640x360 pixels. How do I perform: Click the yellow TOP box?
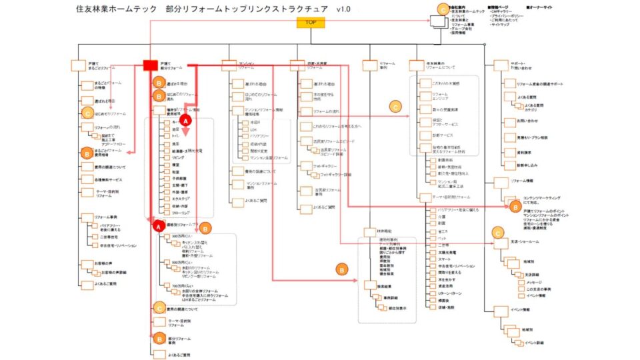pos(311,23)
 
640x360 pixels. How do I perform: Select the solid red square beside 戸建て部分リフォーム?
pos(150,65)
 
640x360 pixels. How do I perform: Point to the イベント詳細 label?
pos(533,343)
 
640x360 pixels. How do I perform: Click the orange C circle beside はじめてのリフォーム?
pos(87,114)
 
